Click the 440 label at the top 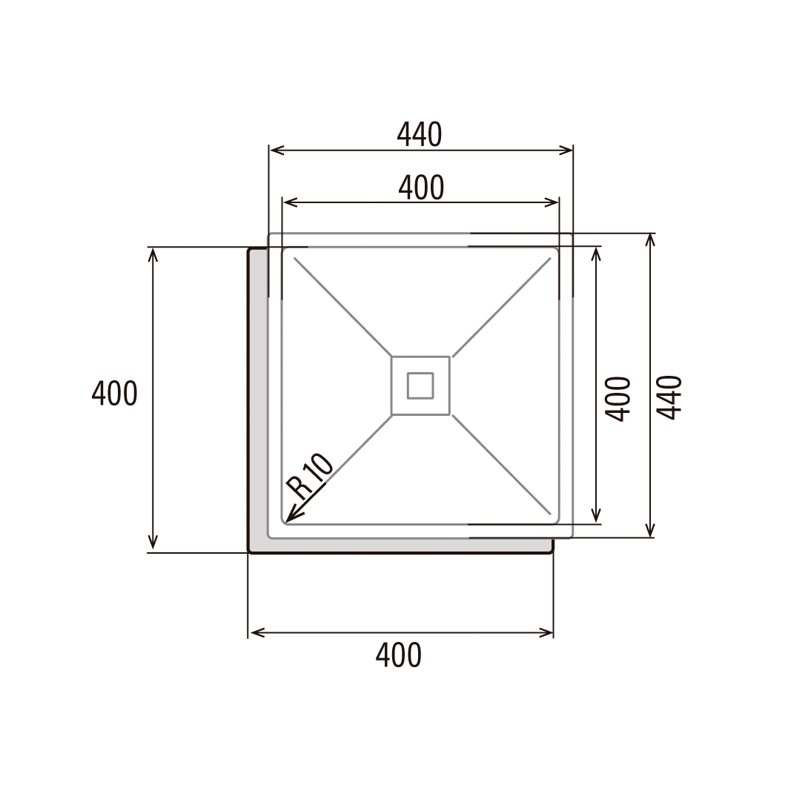[x=420, y=135]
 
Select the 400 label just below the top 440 [x=421, y=188]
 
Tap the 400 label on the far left [x=114, y=393]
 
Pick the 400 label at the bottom [x=399, y=655]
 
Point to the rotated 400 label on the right [x=618, y=399]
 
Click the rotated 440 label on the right [x=669, y=397]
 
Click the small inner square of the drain [x=420, y=385]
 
